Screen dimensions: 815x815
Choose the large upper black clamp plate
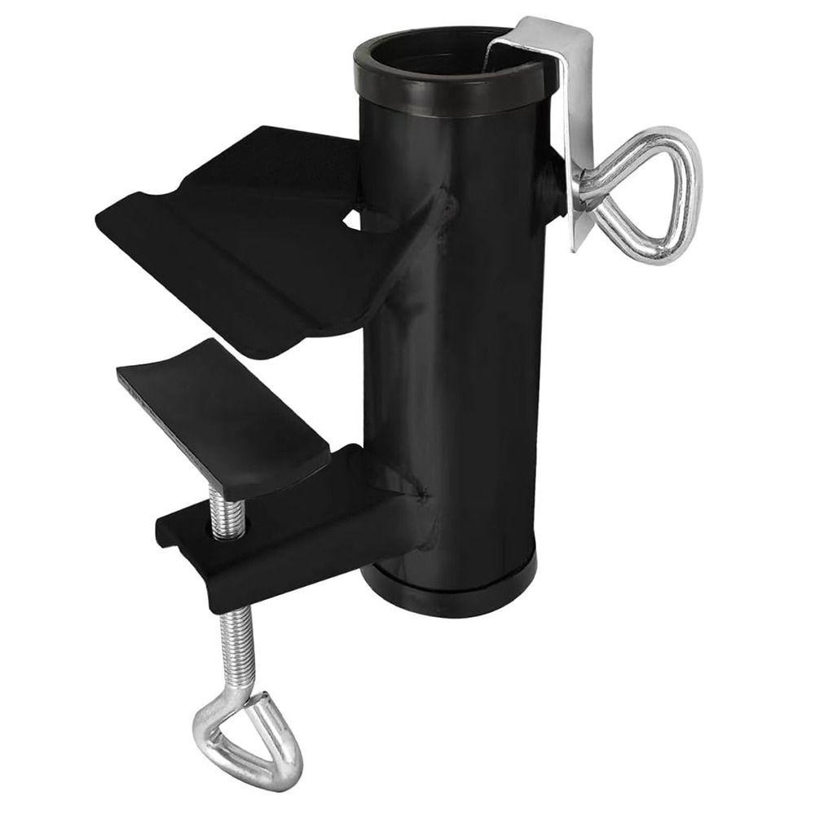pyautogui.click(x=244, y=236)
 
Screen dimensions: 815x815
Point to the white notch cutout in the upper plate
pyautogui.click(x=352, y=218)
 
